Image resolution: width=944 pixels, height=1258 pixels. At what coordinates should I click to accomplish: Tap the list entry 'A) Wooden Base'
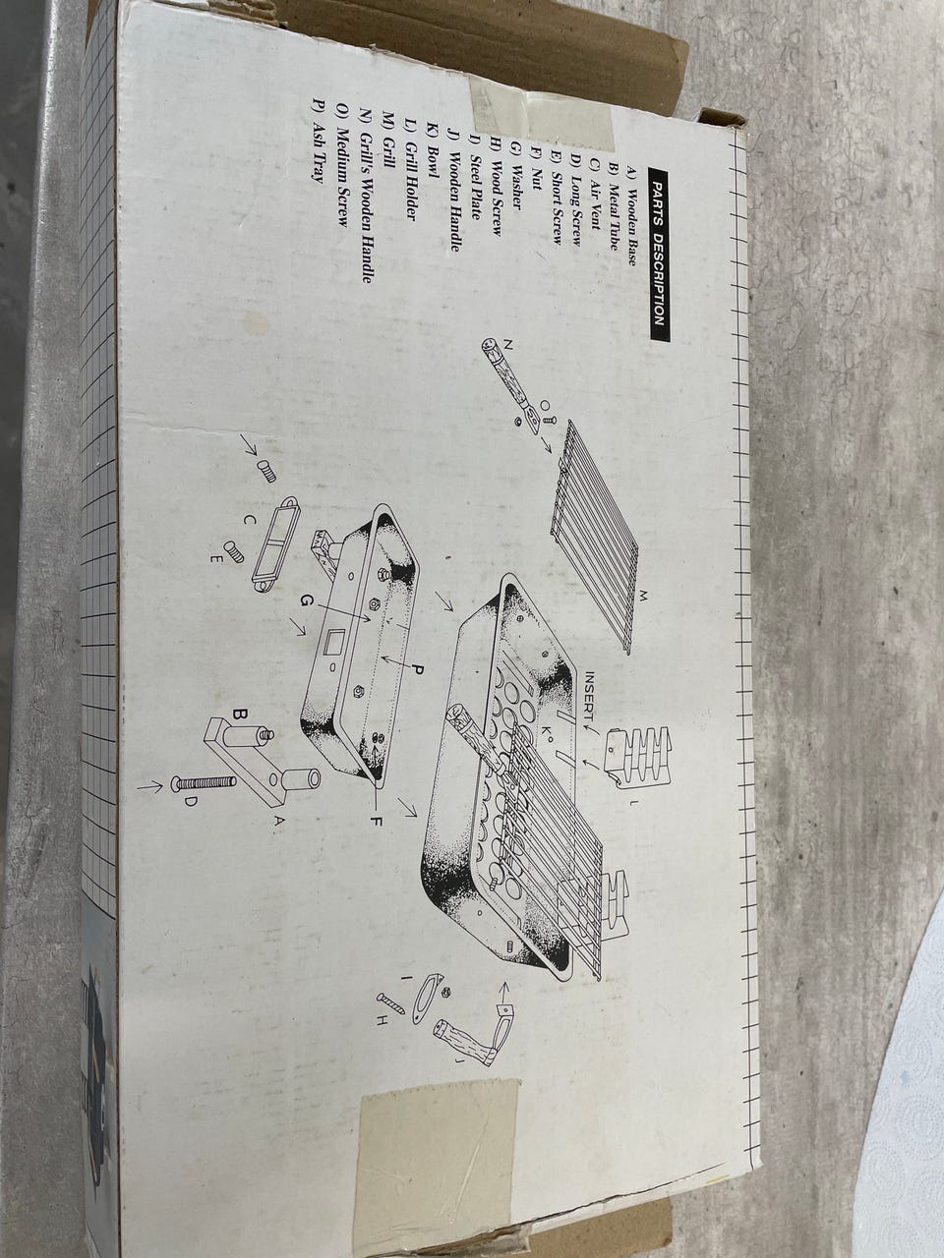click(631, 216)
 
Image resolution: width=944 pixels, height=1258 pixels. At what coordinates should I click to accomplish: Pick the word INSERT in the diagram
click(591, 696)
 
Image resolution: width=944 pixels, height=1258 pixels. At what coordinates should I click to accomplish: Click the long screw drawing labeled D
click(205, 782)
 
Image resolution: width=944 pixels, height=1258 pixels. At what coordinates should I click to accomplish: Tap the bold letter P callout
click(417, 669)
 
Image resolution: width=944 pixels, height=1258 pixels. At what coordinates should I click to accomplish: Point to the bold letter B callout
click(240, 715)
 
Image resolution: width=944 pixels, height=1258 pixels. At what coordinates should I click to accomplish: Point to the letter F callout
click(375, 821)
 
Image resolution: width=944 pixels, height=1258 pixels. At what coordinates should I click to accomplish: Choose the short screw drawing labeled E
click(234, 550)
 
